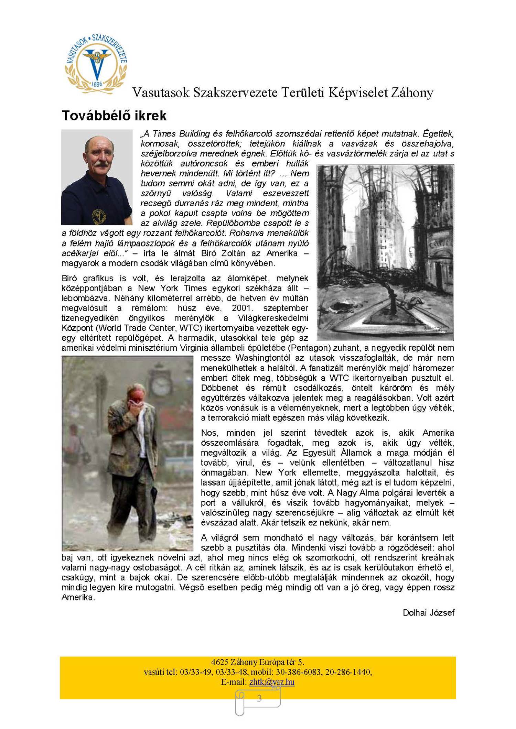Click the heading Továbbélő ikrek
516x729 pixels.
[114, 116]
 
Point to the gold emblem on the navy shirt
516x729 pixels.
[99, 216]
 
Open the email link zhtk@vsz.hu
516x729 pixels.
[272, 682]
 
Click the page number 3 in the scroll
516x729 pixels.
[259, 698]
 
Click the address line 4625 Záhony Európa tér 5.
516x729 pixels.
[258, 662]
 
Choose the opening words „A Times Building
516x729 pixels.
[175, 134]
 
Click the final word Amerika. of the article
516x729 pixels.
[78, 597]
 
